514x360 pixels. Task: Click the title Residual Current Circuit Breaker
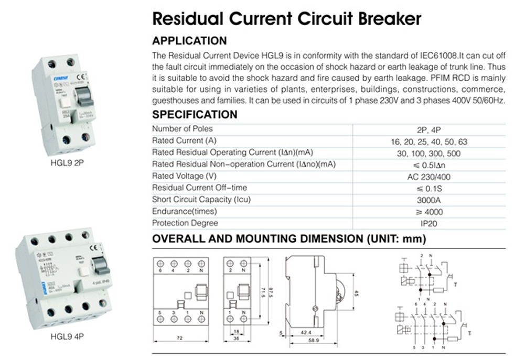(x=286, y=19)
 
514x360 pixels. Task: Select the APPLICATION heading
(x=189, y=41)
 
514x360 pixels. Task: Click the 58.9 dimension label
(x=314, y=340)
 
